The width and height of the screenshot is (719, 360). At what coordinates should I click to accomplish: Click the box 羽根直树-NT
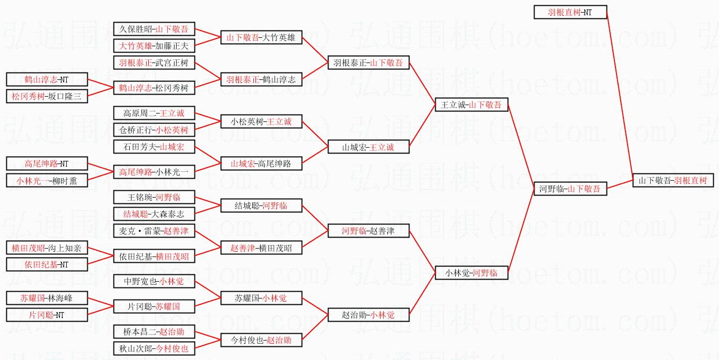tap(570, 12)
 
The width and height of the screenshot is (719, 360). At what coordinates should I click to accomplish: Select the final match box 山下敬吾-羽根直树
tap(673, 180)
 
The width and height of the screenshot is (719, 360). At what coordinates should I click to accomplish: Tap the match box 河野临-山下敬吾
tap(570, 189)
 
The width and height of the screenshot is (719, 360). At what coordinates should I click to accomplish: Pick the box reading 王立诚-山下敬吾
tap(471, 105)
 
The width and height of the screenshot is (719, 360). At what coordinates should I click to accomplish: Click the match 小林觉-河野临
tap(471, 273)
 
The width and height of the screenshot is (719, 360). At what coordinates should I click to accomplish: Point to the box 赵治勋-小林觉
tap(368, 315)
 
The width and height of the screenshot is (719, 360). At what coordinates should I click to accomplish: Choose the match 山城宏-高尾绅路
tap(261, 163)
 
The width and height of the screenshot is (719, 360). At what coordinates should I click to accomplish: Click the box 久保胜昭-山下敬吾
tap(154, 29)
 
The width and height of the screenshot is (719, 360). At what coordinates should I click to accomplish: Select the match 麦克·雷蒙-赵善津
tap(154, 231)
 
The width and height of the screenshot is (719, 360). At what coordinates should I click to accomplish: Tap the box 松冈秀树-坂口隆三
tap(47, 96)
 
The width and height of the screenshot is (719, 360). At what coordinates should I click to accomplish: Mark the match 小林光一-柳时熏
tap(47, 180)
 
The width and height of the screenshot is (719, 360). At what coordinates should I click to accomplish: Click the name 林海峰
tap(60, 298)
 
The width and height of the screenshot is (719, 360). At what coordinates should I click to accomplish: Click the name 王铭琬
tap(139, 198)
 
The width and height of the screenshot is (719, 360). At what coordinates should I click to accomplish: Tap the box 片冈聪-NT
tap(47, 315)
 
